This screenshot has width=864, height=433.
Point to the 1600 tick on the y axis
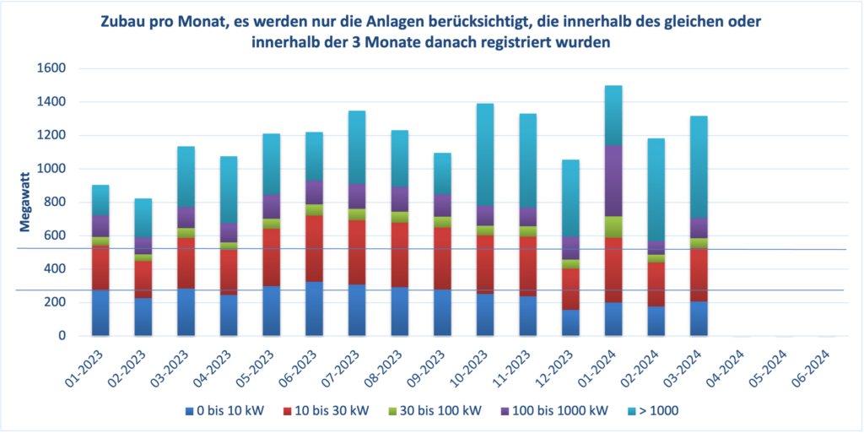click(x=52, y=68)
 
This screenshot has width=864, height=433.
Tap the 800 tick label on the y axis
click(x=56, y=202)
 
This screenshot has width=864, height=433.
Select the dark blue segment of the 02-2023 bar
click(x=143, y=317)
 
